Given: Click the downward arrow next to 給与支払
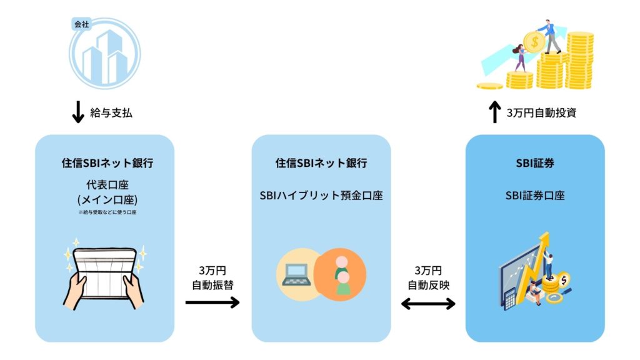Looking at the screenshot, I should [x=78, y=112].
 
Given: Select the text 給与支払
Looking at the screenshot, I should [x=112, y=113].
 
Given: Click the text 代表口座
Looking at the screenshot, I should [x=104, y=186].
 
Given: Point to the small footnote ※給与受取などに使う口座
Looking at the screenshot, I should [x=104, y=213].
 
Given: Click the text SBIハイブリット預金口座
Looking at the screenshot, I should [x=321, y=196].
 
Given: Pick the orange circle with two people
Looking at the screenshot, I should [x=341, y=274].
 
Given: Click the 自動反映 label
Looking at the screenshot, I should [x=427, y=284].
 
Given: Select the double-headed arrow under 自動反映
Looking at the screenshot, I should [x=428, y=304].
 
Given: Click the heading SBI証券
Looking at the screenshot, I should [x=535, y=163].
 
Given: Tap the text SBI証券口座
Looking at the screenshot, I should [x=535, y=196].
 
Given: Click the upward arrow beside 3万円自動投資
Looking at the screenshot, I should [x=494, y=112].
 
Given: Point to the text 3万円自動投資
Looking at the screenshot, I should [x=541, y=113].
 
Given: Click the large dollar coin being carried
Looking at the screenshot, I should [x=534, y=43].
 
